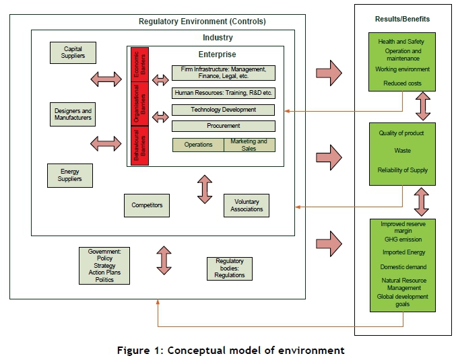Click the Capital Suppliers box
point(73,52)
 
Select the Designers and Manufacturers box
point(73,114)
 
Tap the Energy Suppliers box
point(69,175)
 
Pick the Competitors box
point(146,205)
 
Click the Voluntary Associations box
point(247,206)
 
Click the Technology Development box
point(224,110)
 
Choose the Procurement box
point(224,126)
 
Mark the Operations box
point(198,145)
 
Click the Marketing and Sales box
point(249,145)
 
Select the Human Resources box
point(224,93)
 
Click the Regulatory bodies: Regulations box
point(229,268)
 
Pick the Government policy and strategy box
point(104,265)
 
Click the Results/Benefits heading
point(402,19)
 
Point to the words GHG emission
point(402,238)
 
